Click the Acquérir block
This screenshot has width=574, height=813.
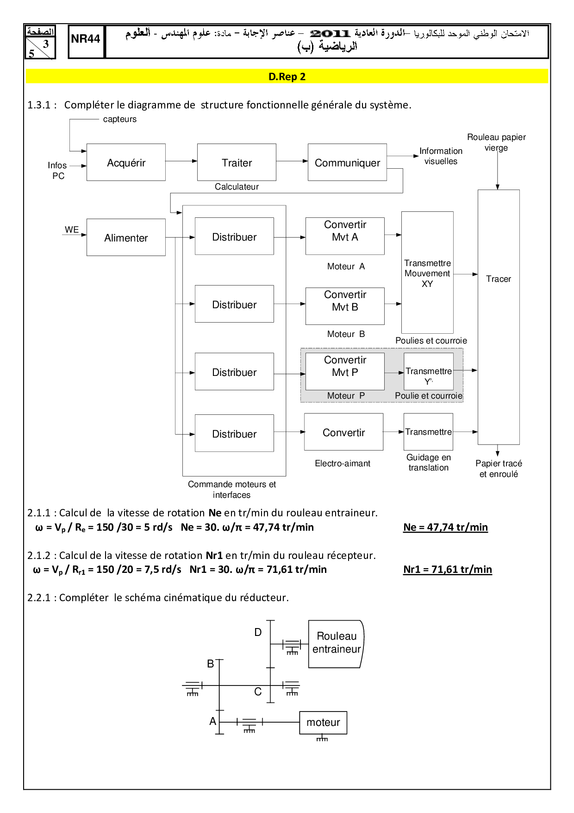pos(126,162)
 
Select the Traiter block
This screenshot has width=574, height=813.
pos(237,162)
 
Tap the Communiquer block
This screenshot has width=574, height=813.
pos(347,162)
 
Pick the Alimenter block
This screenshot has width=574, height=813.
pos(126,237)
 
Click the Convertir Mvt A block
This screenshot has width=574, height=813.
pos(345,236)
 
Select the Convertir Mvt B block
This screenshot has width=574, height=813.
pos(345,306)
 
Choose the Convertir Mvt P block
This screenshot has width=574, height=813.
pos(345,371)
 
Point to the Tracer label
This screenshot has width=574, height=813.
pos(499,279)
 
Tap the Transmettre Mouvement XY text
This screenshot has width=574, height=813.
pos(427,273)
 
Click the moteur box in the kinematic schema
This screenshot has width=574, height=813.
pos(323,722)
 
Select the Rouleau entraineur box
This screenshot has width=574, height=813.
pos(336,643)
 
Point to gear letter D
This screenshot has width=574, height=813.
pos(258,632)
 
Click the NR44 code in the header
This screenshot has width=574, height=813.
pos(86,39)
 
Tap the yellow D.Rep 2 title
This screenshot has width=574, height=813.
pos(287,76)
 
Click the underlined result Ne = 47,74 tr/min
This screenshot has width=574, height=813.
pos(445,527)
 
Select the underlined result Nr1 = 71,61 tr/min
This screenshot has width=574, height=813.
pos(447,569)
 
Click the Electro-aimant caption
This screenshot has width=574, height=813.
pos(343,463)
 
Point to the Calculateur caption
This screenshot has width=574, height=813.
pos(237,186)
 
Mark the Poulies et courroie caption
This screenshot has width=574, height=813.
pos(431,340)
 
